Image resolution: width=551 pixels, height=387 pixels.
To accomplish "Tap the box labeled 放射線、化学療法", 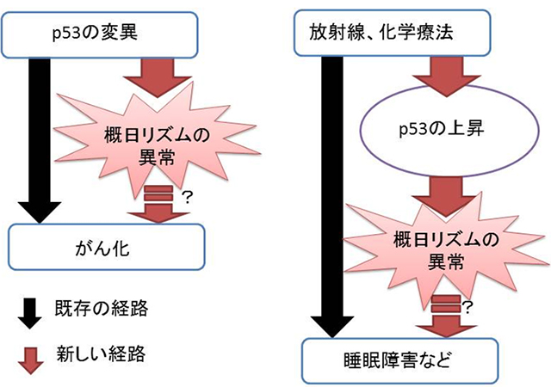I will coord(393,34).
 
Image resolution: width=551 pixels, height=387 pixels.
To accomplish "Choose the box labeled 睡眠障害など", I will coord(401,359).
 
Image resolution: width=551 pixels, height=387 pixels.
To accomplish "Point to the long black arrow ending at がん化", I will coord(38,138).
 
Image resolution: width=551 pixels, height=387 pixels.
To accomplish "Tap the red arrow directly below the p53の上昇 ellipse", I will coord(443,192).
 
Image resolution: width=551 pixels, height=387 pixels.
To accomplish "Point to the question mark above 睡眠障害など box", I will coord(469,306).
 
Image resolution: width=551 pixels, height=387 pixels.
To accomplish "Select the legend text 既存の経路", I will coord(96,308).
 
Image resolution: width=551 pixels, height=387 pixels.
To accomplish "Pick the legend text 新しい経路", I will coord(96,353).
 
